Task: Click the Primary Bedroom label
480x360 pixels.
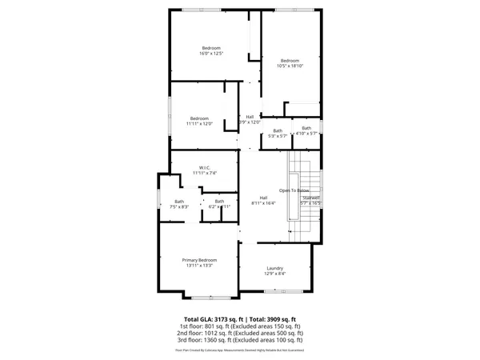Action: tap(199, 260)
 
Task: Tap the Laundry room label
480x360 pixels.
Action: tap(275, 268)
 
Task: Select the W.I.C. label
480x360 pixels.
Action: tap(199, 167)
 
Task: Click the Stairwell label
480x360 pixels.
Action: tap(310, 197)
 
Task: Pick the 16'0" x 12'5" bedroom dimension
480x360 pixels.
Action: tap(211, 54)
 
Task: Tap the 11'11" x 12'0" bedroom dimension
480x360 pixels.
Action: tap(199, 124)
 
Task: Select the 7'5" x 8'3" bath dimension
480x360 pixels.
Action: tap(179, 207)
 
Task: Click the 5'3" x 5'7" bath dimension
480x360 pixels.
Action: tap(278, 137)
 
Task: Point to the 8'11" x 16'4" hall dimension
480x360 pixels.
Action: tap(263, 203)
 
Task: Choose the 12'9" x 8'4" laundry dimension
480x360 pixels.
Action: tap(275, 274)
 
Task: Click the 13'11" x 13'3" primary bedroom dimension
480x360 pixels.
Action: tap(199, 266)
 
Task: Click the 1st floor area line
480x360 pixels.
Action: tap(240, 326)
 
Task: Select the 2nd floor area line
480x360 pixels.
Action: tap(240, 333)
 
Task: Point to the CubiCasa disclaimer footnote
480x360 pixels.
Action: tap(240, 350)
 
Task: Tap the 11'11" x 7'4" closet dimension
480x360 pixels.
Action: tap(199, 173)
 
